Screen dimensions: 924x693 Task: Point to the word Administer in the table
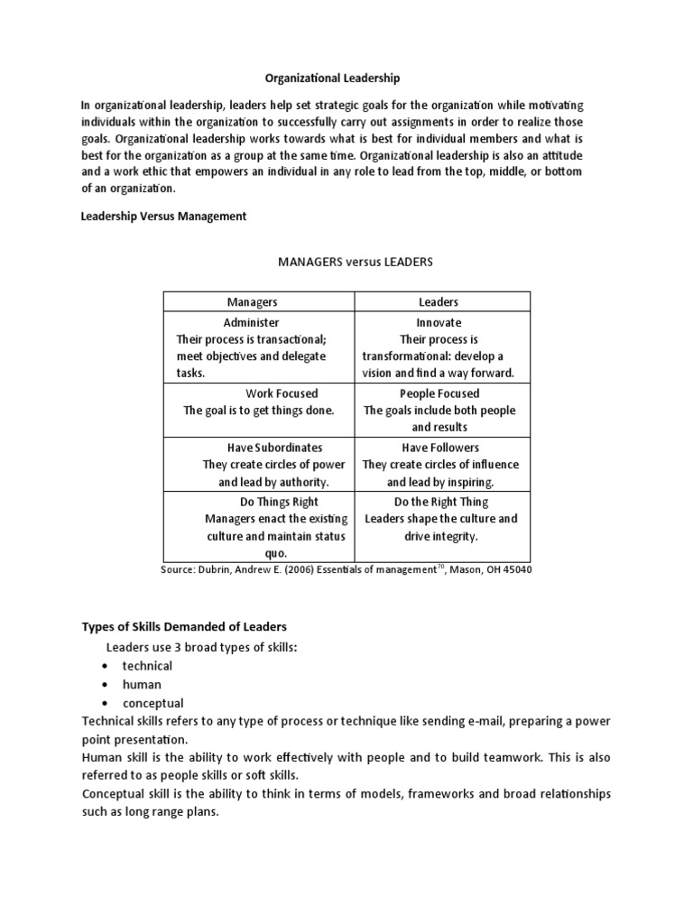point(251,322)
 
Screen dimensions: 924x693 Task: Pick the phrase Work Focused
point(282,393)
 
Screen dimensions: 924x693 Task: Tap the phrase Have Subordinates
point(274,448)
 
